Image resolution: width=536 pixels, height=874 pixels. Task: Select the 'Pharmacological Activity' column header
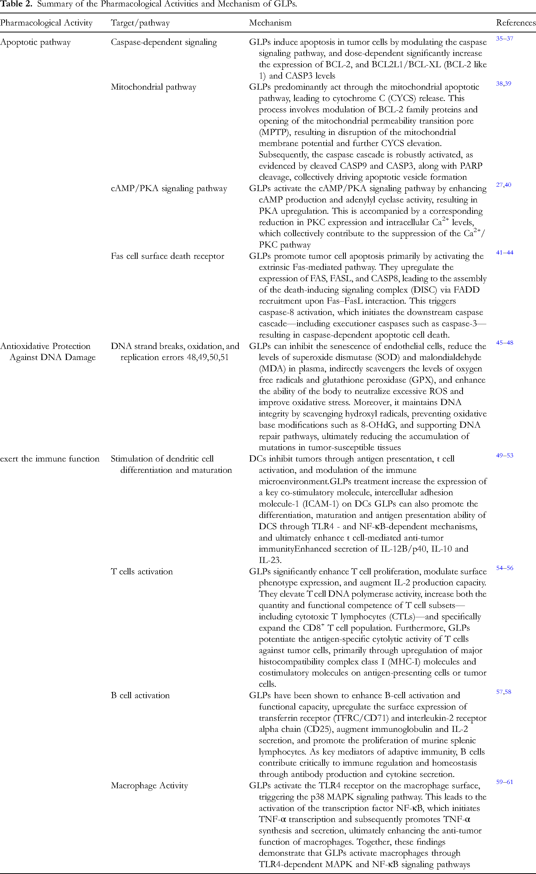[46, 23]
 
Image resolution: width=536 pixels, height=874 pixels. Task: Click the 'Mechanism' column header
[270, 23]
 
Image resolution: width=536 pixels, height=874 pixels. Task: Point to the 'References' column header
[515, 23]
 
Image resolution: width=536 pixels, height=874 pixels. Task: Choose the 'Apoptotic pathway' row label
[36, 42]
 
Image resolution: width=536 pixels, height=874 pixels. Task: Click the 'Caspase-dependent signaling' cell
[164, 42]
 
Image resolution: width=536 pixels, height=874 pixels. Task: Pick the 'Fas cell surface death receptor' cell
[167, 256]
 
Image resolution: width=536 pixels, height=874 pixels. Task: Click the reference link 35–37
[504, 38]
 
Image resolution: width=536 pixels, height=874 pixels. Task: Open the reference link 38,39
[503, 83]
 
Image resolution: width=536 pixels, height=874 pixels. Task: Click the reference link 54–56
[504, 568]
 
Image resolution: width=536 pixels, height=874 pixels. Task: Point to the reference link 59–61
[504, 782]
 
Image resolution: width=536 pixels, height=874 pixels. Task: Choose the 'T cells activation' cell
[142, 571]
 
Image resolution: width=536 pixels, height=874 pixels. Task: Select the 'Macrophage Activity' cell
[149, 786]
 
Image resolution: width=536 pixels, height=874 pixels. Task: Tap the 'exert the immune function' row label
[50, 459]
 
